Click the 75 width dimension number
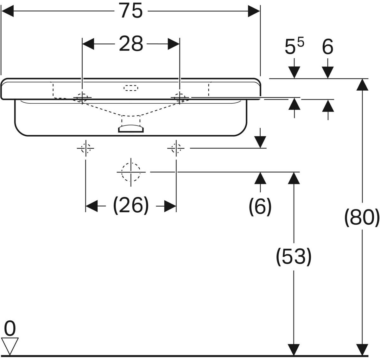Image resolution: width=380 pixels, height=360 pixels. pos(131,11)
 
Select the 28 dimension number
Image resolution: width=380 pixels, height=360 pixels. pos(131,44)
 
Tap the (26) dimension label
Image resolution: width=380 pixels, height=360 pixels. pos(131,206)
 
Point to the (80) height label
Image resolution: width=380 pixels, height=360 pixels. pos(362,218)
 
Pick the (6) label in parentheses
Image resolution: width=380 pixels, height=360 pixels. pos(260,207)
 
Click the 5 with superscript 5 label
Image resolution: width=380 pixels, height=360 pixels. pos(294,47)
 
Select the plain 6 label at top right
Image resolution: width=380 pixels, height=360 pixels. pos(328,47)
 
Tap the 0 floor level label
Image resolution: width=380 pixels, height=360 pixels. pos(10,329)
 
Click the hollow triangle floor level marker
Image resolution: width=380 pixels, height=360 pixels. pos(10,346)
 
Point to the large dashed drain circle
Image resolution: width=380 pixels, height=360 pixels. pos(131,172)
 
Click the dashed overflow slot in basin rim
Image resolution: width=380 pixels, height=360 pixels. pos(131,88)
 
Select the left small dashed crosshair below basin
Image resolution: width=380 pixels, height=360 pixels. pos(85,148)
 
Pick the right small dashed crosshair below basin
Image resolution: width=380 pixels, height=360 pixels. pos(176,148)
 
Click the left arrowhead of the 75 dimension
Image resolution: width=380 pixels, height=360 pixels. pos(7,11)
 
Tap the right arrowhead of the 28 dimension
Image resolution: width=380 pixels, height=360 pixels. pos(174,44)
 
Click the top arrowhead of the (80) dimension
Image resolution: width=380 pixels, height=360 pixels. pos(362,85)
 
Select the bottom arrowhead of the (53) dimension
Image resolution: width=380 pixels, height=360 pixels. pos(294,350)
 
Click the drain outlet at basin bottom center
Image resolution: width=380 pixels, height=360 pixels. pos(131,129)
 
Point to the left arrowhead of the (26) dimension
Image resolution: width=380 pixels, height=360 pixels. pos(92,206)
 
